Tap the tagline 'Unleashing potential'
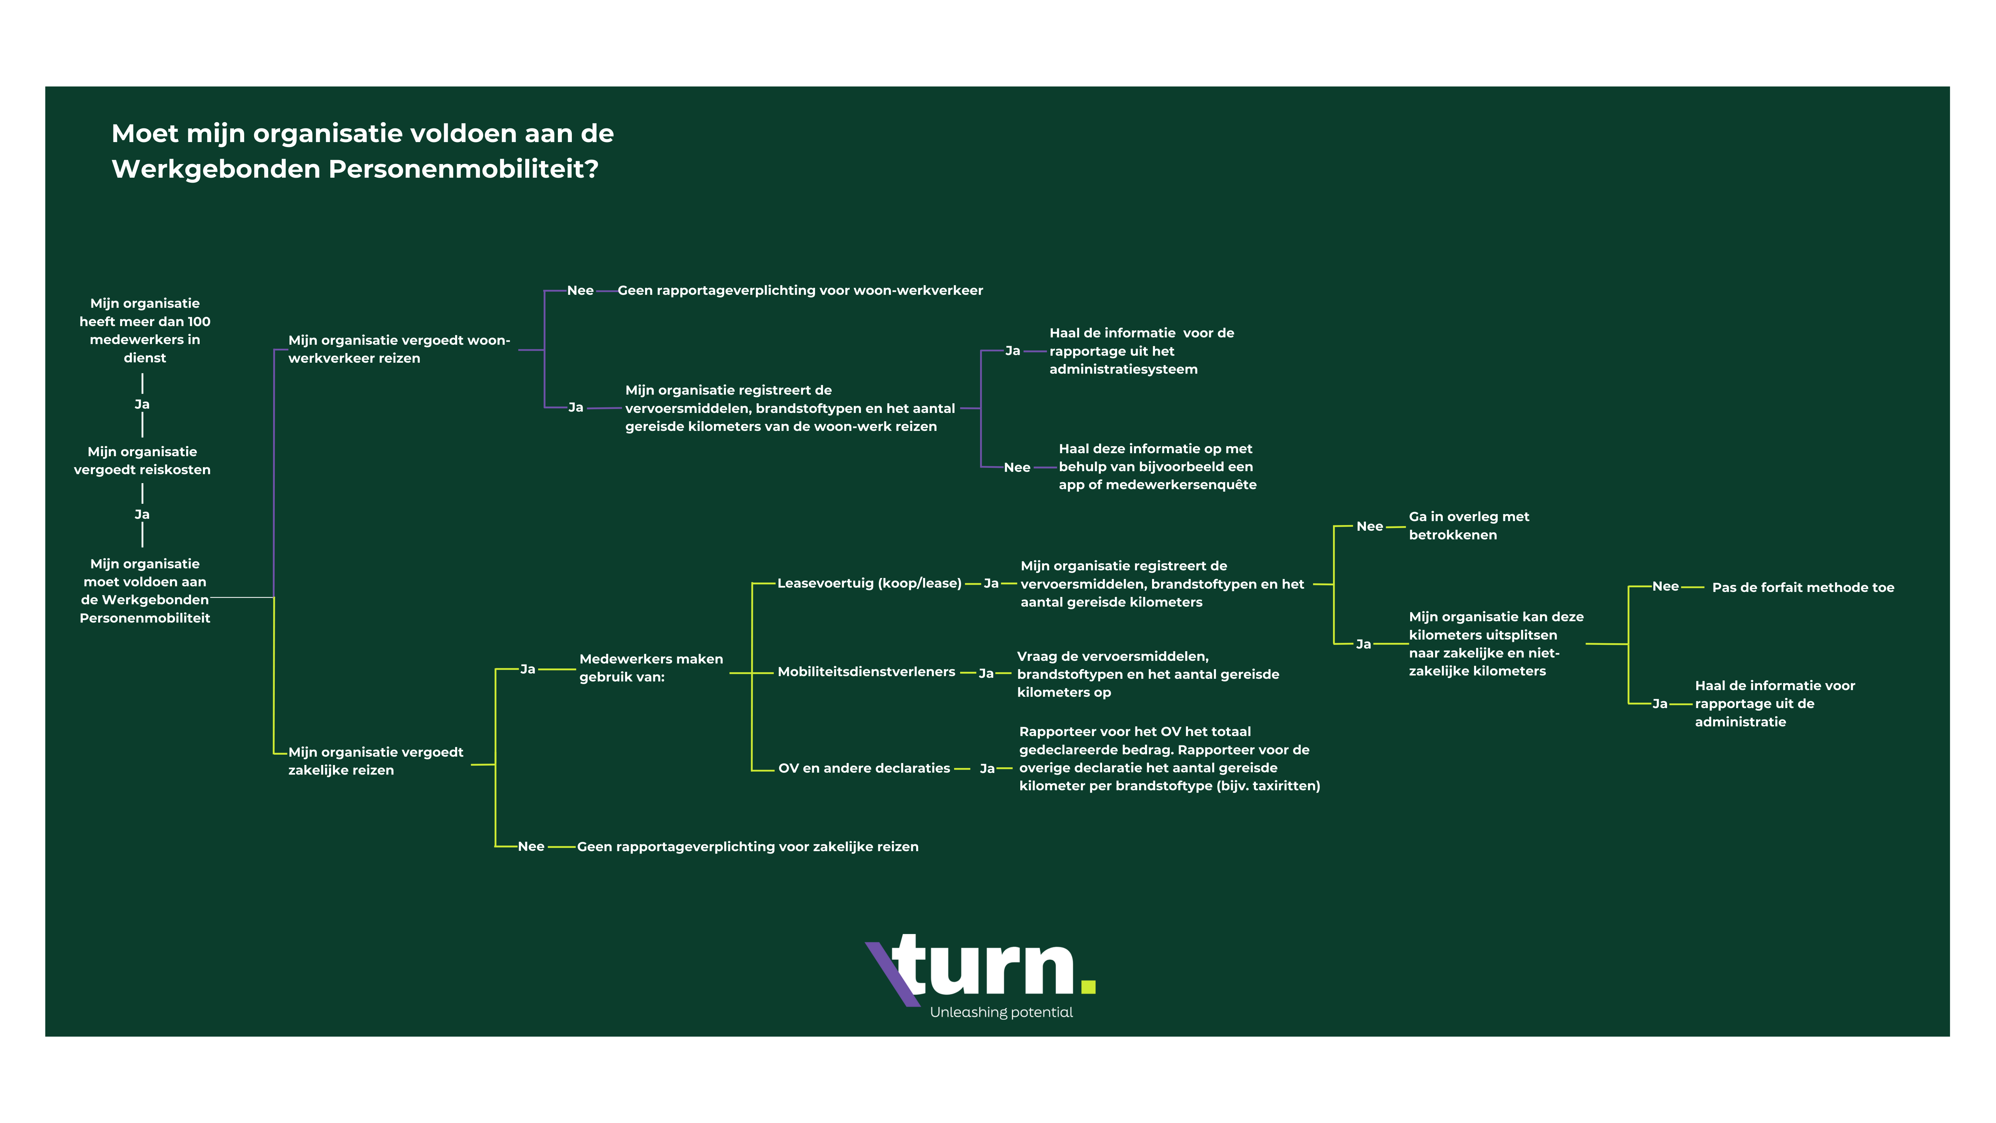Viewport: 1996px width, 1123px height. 1001,1012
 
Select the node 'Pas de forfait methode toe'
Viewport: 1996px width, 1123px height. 1803,588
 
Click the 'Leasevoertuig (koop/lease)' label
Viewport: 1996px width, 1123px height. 869,584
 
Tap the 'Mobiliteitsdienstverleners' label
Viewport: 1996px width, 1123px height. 866,672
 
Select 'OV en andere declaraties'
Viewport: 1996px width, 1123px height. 864,768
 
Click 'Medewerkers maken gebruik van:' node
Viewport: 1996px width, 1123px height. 651,668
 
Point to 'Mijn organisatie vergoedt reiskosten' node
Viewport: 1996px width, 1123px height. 143,461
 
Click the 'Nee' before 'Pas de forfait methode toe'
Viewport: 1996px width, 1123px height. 1665,587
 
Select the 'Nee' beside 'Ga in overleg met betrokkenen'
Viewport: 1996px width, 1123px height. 1369,526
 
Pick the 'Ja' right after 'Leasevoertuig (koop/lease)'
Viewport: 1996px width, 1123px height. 991,584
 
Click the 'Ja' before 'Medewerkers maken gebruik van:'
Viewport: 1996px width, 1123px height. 528,669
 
